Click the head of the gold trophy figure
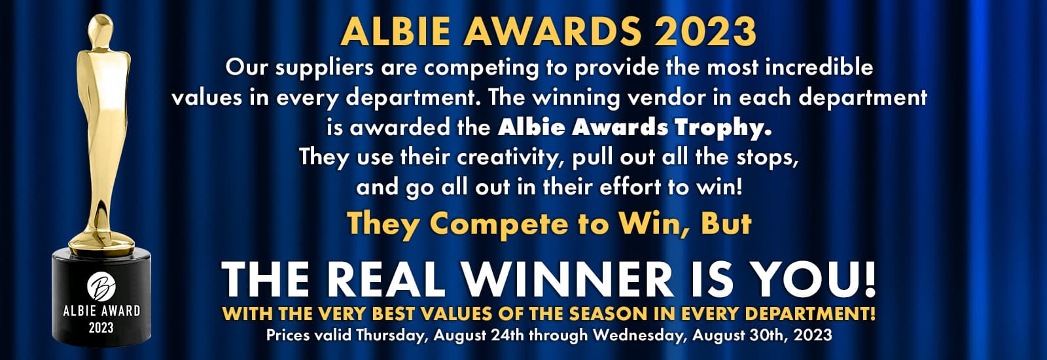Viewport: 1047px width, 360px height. (x=101, y=29)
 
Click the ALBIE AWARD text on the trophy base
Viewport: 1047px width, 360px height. (x=101, y=312)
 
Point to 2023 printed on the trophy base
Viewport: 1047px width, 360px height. (x=101, y=328)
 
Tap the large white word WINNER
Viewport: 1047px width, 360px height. (x=567, y=279)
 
